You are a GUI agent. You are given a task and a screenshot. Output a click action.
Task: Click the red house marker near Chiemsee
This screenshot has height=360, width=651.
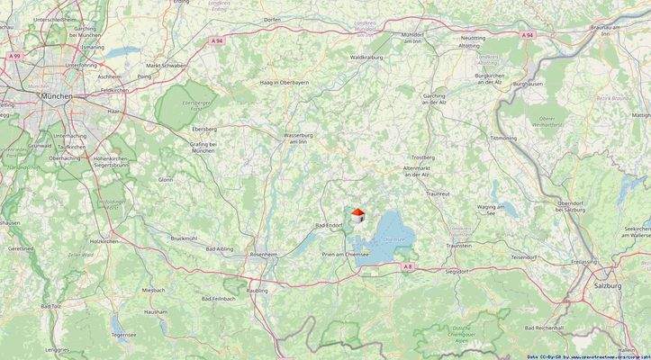coord(357,213)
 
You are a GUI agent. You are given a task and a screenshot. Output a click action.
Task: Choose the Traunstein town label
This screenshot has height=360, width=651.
coord(458,245)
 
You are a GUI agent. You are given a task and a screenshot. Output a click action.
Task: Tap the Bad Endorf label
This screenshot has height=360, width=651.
coord(329,225)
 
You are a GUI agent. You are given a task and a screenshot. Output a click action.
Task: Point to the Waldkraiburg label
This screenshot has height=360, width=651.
coord(367,57)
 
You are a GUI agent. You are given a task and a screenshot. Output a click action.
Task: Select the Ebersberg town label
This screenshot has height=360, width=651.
coord(203,129)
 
